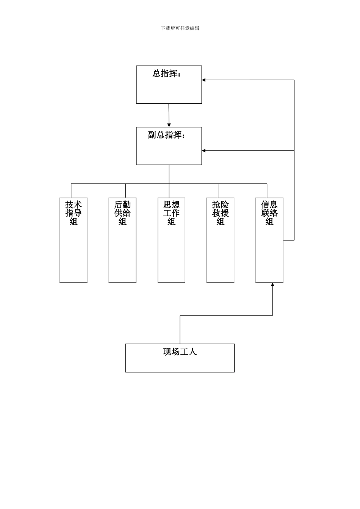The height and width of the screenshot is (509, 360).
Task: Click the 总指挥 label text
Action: pos(167,74)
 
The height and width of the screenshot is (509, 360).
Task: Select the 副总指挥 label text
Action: pos(167,135)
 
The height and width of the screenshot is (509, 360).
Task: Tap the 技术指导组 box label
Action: pos(74,213)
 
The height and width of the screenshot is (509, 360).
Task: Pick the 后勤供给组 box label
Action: pos(122,213)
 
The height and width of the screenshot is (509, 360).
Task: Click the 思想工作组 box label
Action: pos(171,213)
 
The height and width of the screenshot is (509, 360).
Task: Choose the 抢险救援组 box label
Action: pos(220,213)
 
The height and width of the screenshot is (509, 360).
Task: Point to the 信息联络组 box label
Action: pos(269,213)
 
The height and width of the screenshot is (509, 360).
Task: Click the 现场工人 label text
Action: pos(180,352)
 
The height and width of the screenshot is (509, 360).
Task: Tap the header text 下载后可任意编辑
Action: pos(180,28)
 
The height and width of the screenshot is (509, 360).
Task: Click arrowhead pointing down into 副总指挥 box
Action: pos(169,125)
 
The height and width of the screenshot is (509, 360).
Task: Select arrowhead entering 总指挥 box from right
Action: pos(204,80)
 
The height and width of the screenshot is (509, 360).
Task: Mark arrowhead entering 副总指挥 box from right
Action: pos(204,151)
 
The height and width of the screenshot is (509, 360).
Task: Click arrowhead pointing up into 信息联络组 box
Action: pos(272,285)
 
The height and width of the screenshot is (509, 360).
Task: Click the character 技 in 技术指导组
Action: pos(69,205)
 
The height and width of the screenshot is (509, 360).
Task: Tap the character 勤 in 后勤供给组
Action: pos(127,205)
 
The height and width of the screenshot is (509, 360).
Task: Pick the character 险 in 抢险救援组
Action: pos(224,205)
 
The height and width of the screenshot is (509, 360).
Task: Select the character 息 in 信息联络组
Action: pos(273,205)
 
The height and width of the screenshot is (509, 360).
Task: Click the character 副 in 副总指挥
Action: pos(152,135)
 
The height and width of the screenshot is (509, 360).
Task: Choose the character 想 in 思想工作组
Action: pos(175,205)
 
